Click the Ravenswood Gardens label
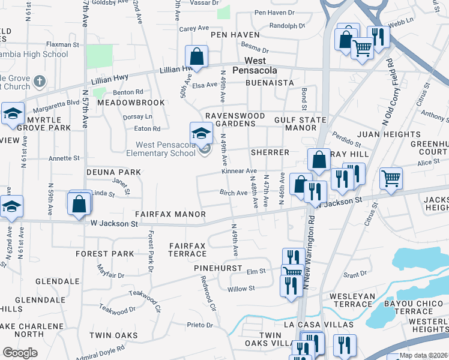(231, 119)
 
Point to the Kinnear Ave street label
(239, 171)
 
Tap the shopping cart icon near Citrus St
(391, 178)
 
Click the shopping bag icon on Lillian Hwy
(196, 57)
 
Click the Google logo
(20, 353)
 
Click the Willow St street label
(241, 289)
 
